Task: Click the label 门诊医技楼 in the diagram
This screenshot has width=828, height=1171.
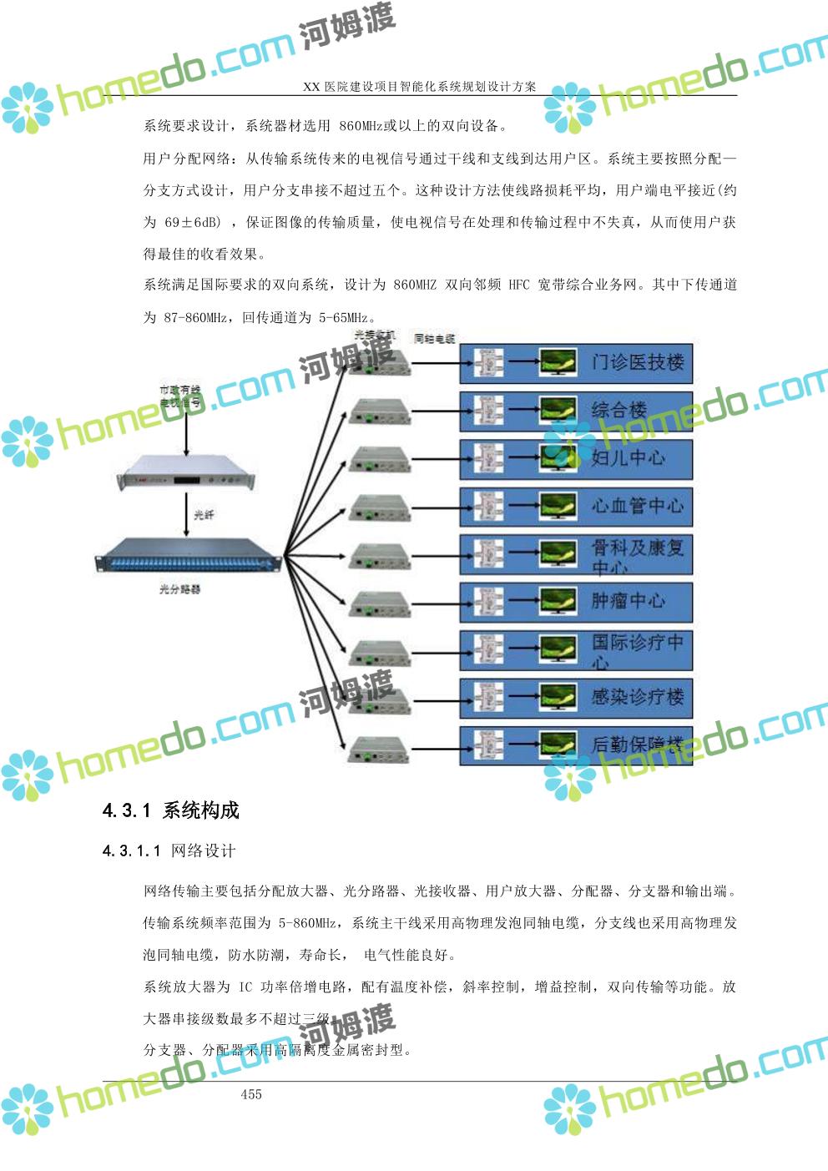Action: pyautogui.click(x=637, y=362)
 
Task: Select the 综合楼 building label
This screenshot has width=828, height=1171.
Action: pyautogui.click(x=619, y=410)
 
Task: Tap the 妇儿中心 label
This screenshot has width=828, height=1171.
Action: pyautogui.click(x=629, y=457)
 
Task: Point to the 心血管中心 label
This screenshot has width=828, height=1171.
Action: pyautogui.click(x=637, y=506)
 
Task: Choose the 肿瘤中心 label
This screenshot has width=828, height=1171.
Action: pyautogui.click(x=629, y=601)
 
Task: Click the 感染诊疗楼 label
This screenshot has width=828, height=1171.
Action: pyautogui.click(x=637, y=696)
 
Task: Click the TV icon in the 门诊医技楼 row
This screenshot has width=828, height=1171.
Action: pyautogui.click(x=558, y=362)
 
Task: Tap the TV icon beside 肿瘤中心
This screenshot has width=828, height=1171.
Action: pyautogui.click(x=558, y=601)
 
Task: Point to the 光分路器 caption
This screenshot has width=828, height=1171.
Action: pyautogui.click(x=180, y=589)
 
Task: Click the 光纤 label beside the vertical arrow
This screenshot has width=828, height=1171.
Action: pyautogui.click(x=204, y=515)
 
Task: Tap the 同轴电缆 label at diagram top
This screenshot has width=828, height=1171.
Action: pyautogui.click(x=434, y=339)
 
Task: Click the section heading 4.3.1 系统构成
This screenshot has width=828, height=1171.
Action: pyautogui.click(x=170, y=810)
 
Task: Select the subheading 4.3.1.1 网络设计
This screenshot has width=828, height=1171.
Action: pyautogui.click(x=169, y=851)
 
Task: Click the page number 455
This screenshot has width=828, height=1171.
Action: pyautogui.click(x=251, y=1094)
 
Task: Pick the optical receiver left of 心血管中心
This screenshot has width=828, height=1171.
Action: pyautogui.click(x=380, y=507)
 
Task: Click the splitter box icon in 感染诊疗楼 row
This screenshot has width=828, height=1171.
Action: pyautogui.click(x=488, y=696)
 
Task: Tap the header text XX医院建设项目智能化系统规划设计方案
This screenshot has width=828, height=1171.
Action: pyautogui.click(x=419, y=87)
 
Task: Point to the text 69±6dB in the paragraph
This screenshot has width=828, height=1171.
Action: pyautogui.click(x=193, y=223)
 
